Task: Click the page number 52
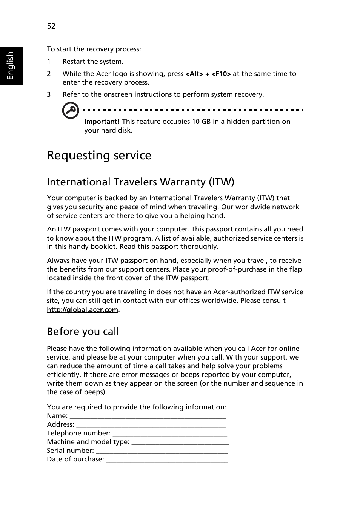pos(51,26)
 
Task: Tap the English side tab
pos(11,66)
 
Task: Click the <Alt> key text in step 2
pos(194,74)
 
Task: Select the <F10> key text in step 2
pos(221,74)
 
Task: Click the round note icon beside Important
pos(71,110)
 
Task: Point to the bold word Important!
pos(102,122)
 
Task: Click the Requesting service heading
pos(99,156)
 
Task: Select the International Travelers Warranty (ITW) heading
pos(140,182)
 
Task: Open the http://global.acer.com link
pos(82,310)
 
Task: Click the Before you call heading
pos(83,332)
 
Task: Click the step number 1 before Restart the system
pos(49,62)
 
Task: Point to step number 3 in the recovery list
pos(49,94)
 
